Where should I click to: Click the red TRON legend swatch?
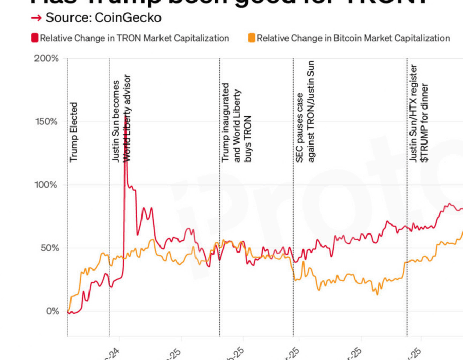(34, 38)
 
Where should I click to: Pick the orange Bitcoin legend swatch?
(252, 38)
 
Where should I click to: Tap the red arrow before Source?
(36, 18)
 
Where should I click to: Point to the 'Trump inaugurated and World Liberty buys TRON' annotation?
(237, 123)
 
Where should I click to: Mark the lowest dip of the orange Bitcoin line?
(377, 294)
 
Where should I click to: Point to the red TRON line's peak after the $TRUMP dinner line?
(449, 204)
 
